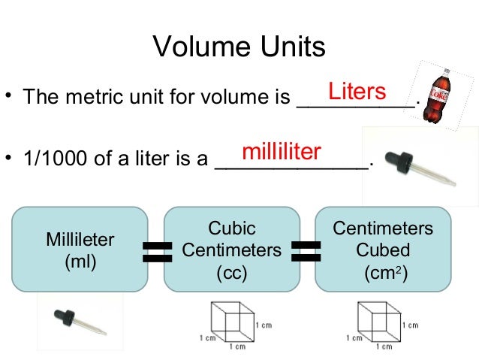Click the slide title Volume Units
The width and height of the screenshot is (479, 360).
(239, 47)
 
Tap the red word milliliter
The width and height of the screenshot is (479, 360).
(282, 152)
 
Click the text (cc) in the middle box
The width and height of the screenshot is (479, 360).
(231, 271)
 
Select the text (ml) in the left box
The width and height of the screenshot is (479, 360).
(80, 262)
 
